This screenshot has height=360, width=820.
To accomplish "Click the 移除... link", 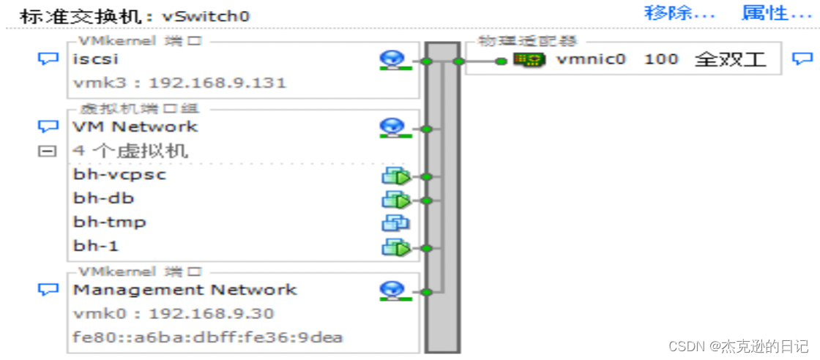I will coord(679,13).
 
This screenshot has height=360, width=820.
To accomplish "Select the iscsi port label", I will coord(96,59).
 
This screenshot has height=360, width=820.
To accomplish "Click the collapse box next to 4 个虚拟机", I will coord(48,151).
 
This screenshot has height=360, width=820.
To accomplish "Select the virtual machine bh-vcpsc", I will coord(119,175).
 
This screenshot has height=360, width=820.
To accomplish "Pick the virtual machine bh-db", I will coord(104,198).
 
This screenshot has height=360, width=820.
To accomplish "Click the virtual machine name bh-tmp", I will coord(109,222).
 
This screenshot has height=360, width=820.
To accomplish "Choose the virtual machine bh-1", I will coord(96,245).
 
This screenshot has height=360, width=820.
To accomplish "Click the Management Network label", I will coord(185,290).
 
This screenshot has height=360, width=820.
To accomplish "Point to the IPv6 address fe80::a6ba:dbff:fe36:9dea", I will coord(208,337).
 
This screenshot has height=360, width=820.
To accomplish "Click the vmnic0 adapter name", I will coord(591,59).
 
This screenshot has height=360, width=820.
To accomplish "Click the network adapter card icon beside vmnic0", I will coord(530,59).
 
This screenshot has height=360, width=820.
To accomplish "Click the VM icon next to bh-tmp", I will coord(395,222).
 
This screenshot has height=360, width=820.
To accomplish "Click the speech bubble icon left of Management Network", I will coord(48,290).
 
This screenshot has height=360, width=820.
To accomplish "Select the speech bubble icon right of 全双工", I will coord(803,59).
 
